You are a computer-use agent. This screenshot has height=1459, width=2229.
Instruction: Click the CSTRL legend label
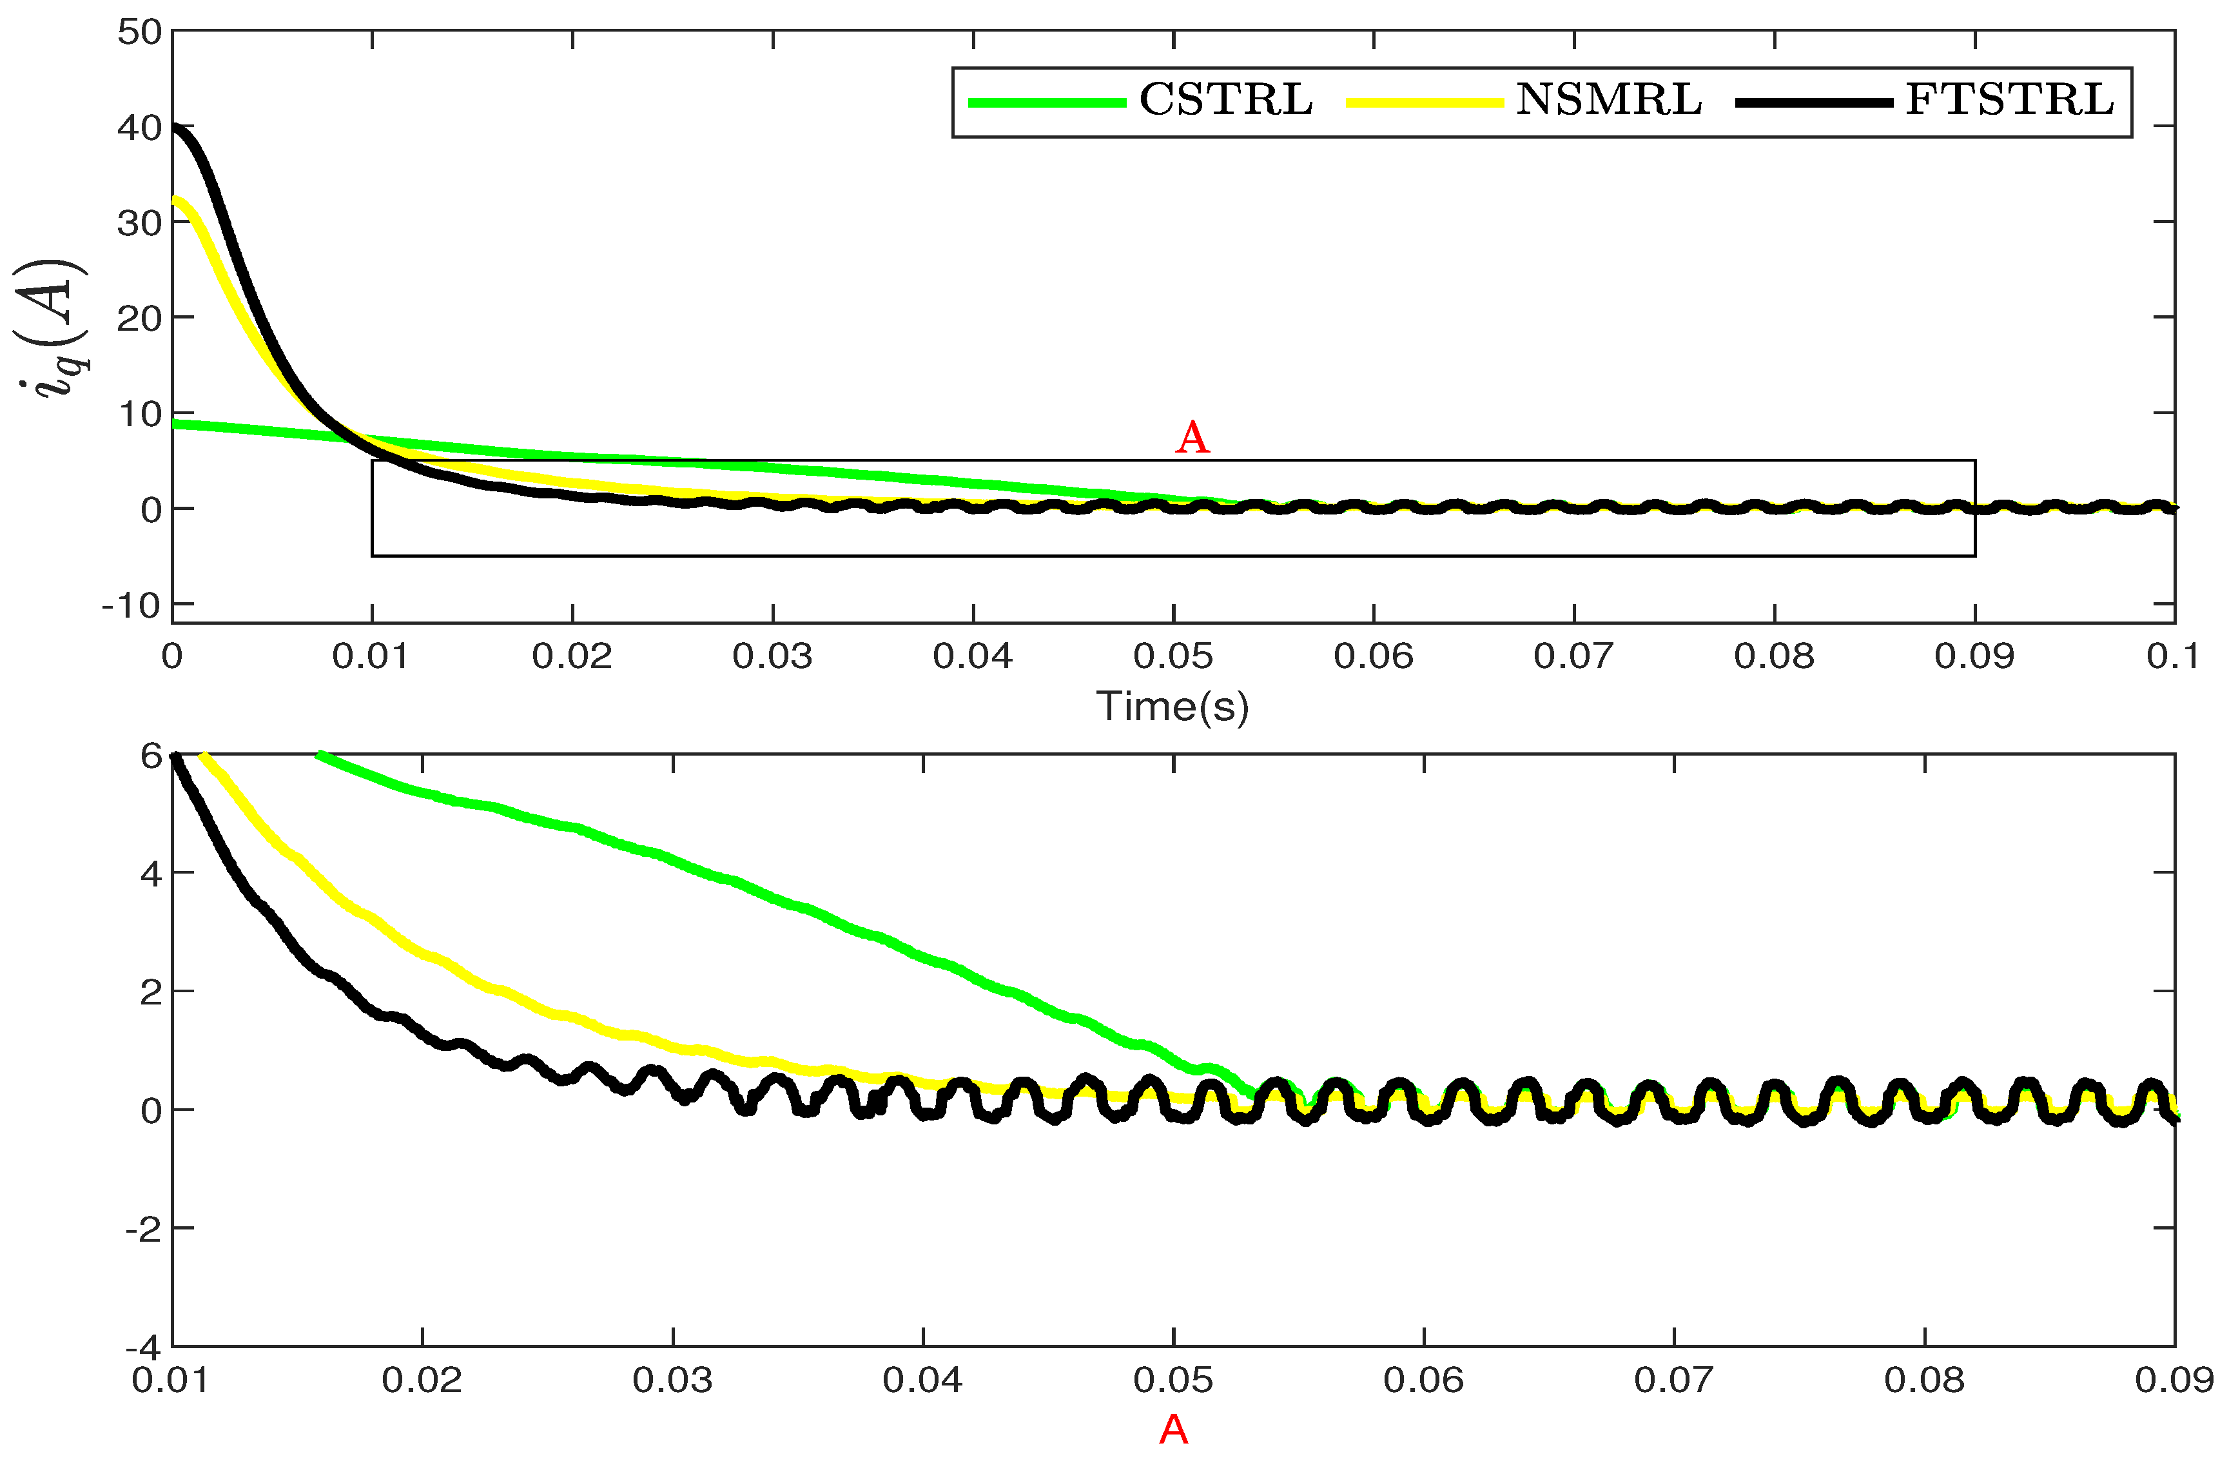coord(1225,100)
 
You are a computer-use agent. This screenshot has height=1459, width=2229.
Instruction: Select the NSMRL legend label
coord(1608,100)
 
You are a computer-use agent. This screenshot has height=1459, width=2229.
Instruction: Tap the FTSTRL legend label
coord(2009,100)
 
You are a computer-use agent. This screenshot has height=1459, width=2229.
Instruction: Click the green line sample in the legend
coord(1046,102)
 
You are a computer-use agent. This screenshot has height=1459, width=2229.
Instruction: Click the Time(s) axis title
coord(1173,706)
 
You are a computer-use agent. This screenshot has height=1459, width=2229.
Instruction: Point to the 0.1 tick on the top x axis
coord(2173,656)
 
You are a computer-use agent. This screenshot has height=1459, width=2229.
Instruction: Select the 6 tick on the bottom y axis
coord(151,756)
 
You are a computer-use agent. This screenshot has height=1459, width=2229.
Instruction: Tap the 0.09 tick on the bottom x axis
coord(2173,1380)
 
